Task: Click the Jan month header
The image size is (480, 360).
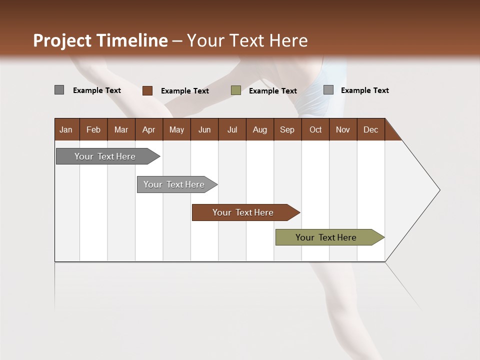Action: pos(66,129)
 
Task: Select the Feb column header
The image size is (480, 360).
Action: pos(93,129)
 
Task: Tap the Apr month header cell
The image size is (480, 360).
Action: pos(148,129)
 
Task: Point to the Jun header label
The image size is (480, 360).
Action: pos(204,129)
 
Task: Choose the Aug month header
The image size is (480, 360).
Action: pos(259,129)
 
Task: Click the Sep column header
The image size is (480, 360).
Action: pos(287,129)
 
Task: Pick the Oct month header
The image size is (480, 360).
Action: pos(315,129)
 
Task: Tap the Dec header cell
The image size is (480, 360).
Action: pos(370,129)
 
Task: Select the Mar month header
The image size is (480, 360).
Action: pos(121,129)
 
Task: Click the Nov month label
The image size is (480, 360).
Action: pos(342,129)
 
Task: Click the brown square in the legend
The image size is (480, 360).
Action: pos(147,90)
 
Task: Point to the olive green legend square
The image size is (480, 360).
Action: pos(236,90)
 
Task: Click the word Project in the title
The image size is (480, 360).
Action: pos(62,40)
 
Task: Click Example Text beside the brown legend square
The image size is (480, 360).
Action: pos(184,91)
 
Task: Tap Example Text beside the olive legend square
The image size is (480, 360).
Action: pos(272,91)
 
